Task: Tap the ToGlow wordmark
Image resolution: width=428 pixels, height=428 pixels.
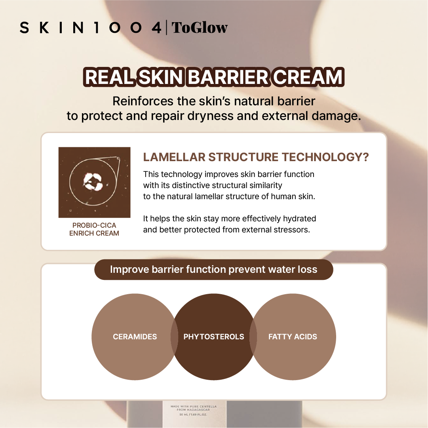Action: coord(200,28)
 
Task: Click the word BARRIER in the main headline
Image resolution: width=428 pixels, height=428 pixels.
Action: coord(228,77)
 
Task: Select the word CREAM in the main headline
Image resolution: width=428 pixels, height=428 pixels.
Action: coord(308,77)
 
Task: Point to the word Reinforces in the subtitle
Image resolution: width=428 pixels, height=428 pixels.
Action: coord(143,101)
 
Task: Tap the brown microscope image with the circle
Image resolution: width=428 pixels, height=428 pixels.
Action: coord(95,183)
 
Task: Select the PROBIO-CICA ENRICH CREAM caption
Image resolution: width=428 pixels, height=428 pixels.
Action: coord(94,229)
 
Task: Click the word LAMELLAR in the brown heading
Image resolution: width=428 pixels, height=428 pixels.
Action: coord(174,157)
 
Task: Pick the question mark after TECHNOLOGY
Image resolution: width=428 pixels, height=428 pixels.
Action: coord(366,157)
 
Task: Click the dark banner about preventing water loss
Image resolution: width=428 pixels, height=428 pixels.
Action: coord(214,270)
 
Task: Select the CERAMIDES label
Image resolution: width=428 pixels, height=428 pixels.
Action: coord(135,337)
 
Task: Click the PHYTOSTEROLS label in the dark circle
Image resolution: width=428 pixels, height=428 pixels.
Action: coord(214,337)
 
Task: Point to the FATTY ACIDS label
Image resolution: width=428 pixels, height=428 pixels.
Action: coord(293,337)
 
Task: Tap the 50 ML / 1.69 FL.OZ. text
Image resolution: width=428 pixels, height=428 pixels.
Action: coord(193,415)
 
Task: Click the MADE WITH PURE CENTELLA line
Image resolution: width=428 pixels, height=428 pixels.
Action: coord(194,407)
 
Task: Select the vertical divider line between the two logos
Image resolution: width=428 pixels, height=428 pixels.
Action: coord(167,28)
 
